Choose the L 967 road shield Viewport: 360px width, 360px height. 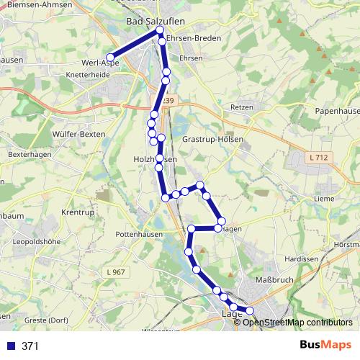click(115, 271)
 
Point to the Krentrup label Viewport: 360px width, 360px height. click(78, 214)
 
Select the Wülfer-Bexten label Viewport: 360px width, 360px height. click(79, 134)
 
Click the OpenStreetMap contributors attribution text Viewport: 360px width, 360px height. click(296, 322)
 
